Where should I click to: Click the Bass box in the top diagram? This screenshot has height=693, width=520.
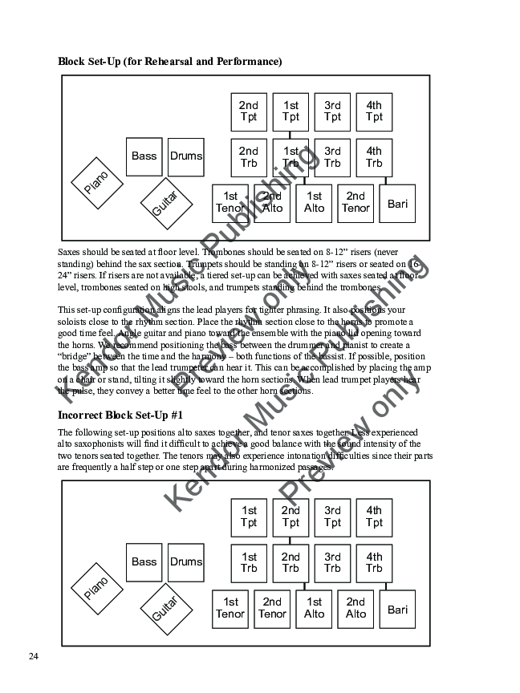click(x=144, y=156)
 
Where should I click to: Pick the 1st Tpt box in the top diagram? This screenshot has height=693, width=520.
click(x=290, y=111)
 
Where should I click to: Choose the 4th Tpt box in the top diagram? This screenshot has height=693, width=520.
click(x=374, y=111)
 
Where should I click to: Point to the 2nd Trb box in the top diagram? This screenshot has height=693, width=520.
click(x=249, y=157)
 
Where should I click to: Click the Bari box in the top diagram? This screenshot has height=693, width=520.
click(x=397, y=204)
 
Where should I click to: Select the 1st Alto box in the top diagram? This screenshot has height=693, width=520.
click(x=315, y=203)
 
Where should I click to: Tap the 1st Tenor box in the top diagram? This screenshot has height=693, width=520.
click(x=231, y=203)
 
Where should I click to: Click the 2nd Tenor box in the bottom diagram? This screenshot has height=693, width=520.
click(x=272, y=609)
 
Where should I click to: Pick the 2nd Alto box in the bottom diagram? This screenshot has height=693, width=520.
click(x=355, y=609)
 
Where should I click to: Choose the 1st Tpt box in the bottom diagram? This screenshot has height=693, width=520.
click(x=249, y=517)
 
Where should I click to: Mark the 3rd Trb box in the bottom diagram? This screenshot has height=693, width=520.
click(x=332, y=563)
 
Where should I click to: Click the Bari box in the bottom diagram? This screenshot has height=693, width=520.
click(x=397, y=610)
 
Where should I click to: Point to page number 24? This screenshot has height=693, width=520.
click(x=34, y=657)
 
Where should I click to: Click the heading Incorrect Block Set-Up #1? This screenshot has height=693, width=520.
click(x=121, y=415)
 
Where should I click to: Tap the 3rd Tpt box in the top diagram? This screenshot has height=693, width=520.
click(x=332, y=111)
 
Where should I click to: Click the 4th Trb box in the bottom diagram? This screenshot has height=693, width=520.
click(x=374, y=563)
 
